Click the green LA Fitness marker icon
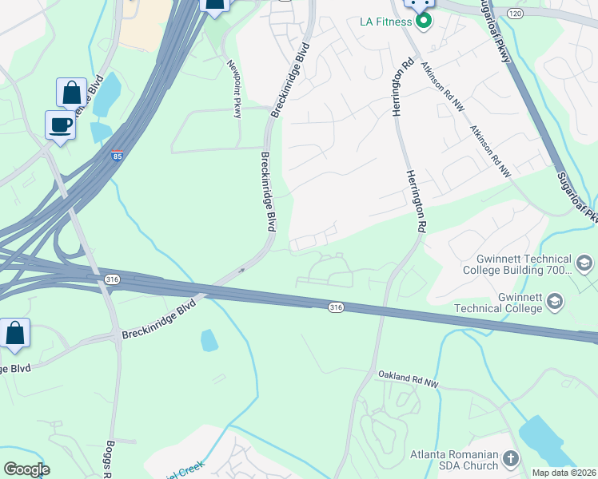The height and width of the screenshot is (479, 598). pos(424,21)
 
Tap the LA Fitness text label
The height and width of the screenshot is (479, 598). pos(385,21)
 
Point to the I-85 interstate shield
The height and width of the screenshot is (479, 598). pos(118,154)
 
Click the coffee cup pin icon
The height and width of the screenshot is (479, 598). pos(61,125)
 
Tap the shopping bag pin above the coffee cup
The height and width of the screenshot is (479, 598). pos(71,93)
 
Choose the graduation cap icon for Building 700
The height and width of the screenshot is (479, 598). pos(584,263)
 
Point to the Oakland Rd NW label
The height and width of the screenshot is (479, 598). pos(409,380)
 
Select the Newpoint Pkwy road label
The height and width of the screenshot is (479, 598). pos(235,89)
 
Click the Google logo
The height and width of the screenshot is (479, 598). pos(26,469)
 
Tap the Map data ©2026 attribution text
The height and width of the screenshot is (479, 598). pos(564,473)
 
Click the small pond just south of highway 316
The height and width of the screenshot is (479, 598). pos(209,340)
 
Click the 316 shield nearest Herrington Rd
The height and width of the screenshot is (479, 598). pos(337,307)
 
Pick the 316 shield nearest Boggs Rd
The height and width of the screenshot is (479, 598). pos(113,279)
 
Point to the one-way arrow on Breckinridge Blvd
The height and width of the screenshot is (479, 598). pos(240,271)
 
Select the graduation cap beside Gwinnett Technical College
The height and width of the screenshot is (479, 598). pos(553,301)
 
